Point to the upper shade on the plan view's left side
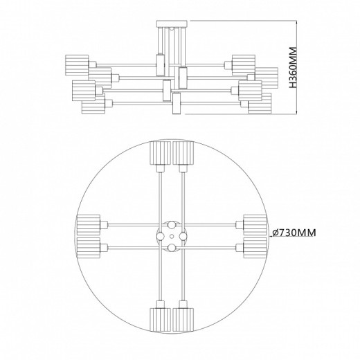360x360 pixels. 89,225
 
